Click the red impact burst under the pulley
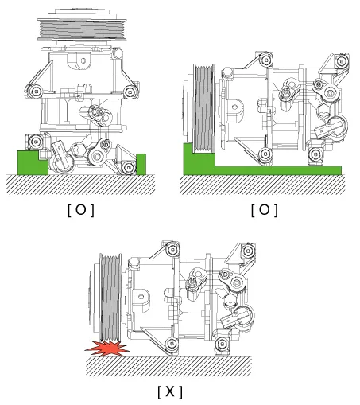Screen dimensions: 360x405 107,349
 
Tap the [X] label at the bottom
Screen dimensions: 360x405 170,391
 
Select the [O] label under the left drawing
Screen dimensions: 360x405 81,210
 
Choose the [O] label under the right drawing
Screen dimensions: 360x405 265,210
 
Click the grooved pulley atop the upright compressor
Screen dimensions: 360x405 82,29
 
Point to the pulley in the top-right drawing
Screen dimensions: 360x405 203,109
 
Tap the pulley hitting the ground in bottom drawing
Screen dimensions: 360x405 110,298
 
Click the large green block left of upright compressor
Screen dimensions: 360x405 33,162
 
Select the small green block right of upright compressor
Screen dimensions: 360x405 141,164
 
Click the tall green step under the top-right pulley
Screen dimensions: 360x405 199,158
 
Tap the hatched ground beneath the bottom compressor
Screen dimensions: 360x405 168,366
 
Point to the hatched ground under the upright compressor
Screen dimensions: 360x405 80,185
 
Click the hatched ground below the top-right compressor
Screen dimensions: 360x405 262,185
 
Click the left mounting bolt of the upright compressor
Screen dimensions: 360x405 36,92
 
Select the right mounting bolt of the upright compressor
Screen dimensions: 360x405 130,92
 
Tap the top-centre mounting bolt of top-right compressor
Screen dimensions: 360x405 266,60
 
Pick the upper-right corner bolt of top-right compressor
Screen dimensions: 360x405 341,61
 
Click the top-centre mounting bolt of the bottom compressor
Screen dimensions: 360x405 172,250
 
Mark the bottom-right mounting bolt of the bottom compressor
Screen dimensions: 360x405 222,345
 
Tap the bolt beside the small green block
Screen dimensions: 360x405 129,167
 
